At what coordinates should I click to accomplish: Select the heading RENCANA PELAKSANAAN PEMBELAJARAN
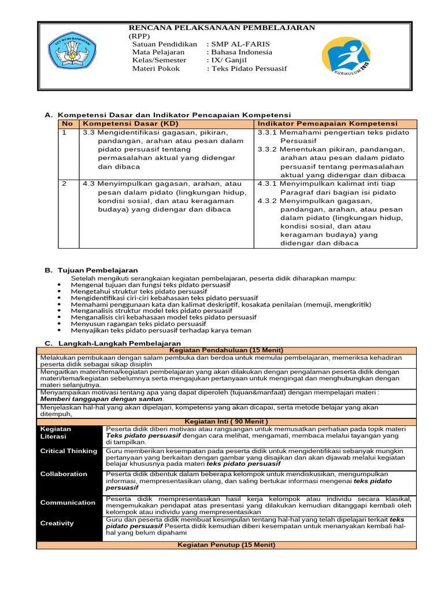(x=221, y=27)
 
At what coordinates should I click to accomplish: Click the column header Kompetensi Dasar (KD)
(x=121, y=124)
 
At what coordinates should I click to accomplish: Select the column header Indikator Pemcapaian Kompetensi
(x=327, y=124)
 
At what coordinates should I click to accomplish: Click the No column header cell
(x=68, y=124)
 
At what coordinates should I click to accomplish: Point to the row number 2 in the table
(x=65, y=183)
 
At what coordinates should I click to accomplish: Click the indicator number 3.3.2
(x=267, y=149)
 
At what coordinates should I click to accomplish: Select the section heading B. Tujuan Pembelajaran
(x=91, y=270)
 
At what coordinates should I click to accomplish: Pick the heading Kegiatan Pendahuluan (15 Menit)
(x=226, y=350)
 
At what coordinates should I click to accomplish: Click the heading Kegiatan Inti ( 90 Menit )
(x=226, y=421)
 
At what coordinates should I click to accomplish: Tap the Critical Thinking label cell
(x=68, y=451)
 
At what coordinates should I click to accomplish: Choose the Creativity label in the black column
(x=57, y=523)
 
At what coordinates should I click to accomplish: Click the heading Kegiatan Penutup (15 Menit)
(x=226, y=545)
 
